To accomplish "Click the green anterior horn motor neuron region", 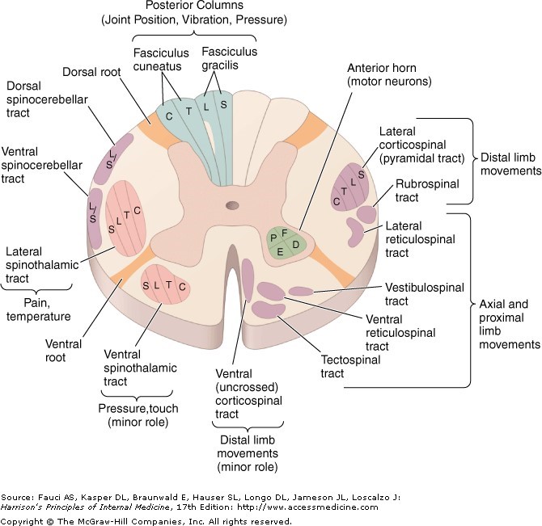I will click(x=288, y=242).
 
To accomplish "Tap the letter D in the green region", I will click(x=296, y=243).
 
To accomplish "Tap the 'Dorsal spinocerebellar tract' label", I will click(x=40, y=99).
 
